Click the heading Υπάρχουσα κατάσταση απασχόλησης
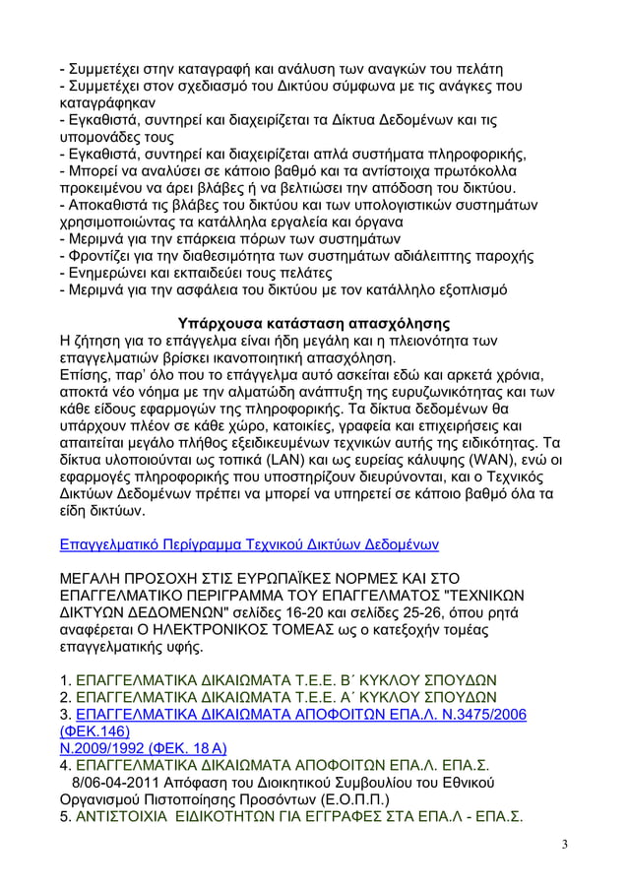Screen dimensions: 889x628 click(x=313, y=323)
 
